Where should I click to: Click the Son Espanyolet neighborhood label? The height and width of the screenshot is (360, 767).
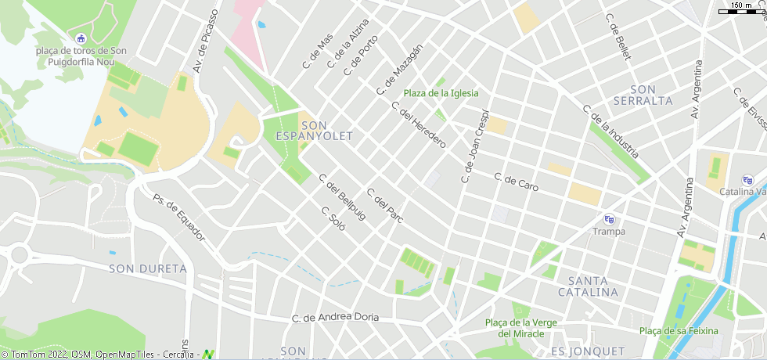pyautogui.click(x=315, y=131)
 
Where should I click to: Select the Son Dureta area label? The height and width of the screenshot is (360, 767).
pyautogui.click(x=148, y=268)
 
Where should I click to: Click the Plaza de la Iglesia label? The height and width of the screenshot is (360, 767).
pyautogui.click(x=441, y=93)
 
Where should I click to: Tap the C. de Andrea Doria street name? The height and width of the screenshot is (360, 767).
pyautogui.click(x=335, y=318)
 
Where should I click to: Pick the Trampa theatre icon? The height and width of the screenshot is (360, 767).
pyautogui.click(x=609, y=219)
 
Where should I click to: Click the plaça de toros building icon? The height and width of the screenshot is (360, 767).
pyautogui.click(x=80, y=38)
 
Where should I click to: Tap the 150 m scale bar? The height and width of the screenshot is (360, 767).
pyautogui.click(x=740, y=9)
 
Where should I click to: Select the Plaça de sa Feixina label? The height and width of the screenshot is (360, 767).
pyautogui.click(x=679, y=330)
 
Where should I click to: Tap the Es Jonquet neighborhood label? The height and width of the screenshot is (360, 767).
pyautogui.click(x=588, y=351)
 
